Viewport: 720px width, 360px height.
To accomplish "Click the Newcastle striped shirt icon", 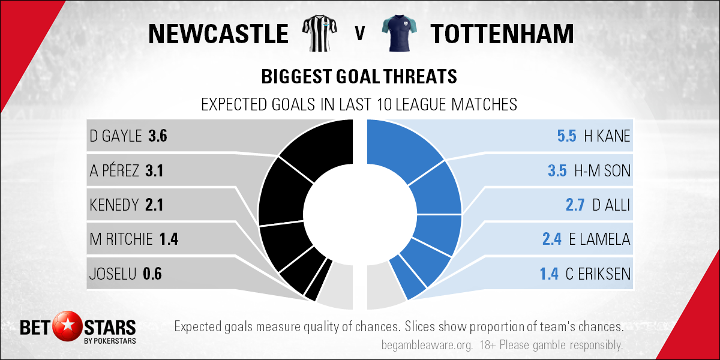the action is (x=319, y=33).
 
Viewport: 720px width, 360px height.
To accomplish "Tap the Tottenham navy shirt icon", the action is (x=399, y=33).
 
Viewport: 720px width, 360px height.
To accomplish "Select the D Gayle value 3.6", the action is (x=157, y=136).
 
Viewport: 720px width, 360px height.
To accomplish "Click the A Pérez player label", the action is (x=114, y=170).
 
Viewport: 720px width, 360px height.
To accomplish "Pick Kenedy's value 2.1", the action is (x=154, y=205).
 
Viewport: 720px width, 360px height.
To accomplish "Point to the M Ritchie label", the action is (x=121, y=239).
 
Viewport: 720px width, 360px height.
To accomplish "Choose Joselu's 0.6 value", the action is (x=152, y=274).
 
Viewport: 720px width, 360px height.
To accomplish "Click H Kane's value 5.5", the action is (x=566, y=136).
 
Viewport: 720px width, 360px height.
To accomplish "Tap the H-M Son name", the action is (x=602, y=170).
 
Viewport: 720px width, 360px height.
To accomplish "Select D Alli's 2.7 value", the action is (x=575, y=205).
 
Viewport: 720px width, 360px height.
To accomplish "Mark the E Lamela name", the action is (x=599, y=239).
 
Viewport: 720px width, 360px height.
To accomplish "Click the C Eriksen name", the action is (x=598, y=274).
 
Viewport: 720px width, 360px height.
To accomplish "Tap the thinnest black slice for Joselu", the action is (x=319, y=280).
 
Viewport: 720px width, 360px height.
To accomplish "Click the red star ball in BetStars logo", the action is (x=67, y=326).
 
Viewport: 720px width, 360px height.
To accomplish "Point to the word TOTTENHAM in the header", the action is (x=502, y=34).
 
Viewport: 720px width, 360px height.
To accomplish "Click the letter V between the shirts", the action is (x=359, y=33).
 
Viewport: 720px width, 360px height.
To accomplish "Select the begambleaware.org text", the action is (x=427, y=346).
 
